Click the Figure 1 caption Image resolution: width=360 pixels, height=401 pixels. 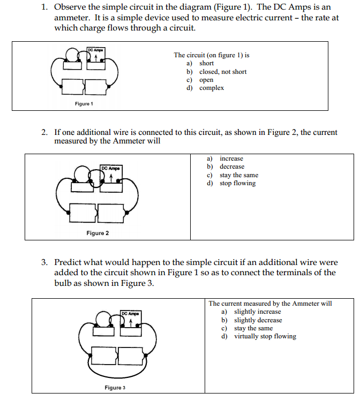click(x=84, y=104)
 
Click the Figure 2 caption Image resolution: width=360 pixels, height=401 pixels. click(x=97, y=233)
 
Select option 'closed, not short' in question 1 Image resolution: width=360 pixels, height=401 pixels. click(x=222, y=72)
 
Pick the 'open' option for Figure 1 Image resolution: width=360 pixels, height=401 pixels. click(x=206, y=80)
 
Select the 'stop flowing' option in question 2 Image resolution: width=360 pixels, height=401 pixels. click(x=237, y=183)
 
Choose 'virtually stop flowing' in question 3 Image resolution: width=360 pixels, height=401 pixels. click(x=265, y=336)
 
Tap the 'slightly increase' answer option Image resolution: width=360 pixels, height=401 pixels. click(x=257, y=312)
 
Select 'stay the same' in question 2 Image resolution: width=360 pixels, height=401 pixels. click(x=238, y=175)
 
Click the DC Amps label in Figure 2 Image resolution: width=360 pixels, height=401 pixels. click(x=110, y=169)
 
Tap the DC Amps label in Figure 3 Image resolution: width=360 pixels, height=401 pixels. click(x=131, y=313)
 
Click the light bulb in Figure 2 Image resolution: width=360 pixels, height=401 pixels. click(x=82, y=173)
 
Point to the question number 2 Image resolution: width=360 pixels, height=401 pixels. click(x=45, y=132)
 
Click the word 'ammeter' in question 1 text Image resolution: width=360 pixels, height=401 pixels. click(x=71, y=18)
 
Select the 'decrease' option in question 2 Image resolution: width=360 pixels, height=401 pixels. click(x=231, y=167)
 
